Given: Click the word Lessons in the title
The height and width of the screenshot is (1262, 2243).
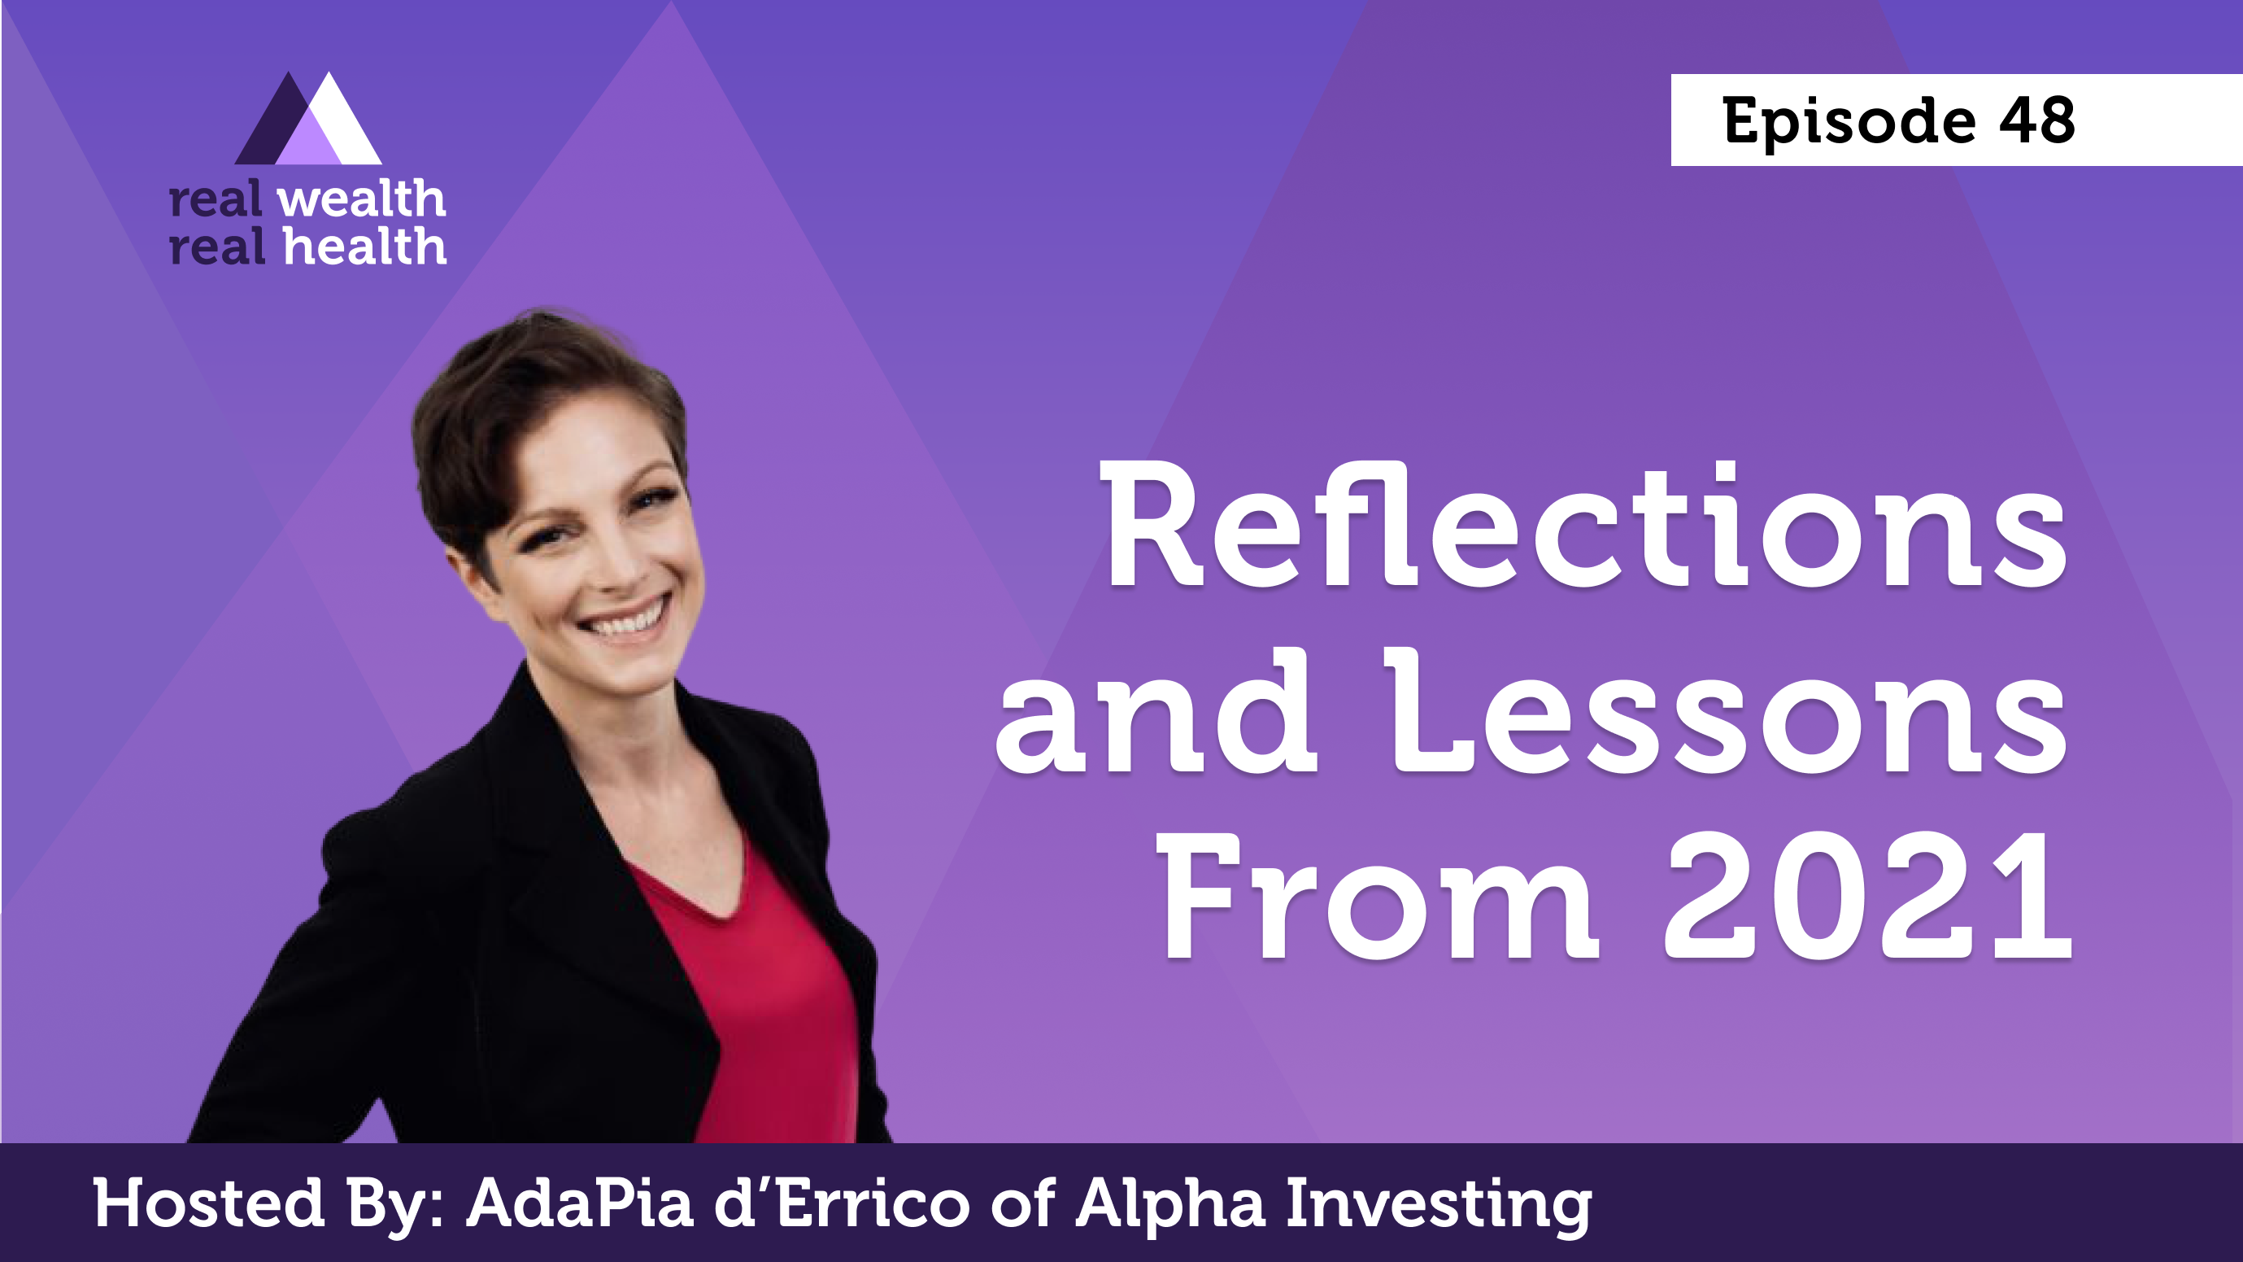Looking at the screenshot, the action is pyautogui.click(x=1727, y=710).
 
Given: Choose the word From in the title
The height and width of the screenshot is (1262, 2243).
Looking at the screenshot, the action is pyautogui.click(x=1378, y=895).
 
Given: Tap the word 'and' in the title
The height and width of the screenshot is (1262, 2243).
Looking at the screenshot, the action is pyautogui.click(x=1157, y=710).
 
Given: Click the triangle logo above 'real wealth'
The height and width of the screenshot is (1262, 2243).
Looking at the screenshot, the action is pyautogui.click(x=308, y=119).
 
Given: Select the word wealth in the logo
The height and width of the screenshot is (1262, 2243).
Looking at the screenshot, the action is pyautogui.click(x=361, y=199).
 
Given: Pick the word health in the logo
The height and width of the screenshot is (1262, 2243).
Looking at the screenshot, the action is pyautogui.click(x=365, y=247).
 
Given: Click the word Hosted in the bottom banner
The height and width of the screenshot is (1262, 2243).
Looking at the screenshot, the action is pyautogui.click(x=209, y=1203).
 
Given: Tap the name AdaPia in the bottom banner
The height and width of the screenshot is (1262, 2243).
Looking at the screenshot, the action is pyautogui.click(x=581, y=1203).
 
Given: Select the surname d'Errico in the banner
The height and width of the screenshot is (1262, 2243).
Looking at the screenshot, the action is pyautogui.click(x=843, y=1203).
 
